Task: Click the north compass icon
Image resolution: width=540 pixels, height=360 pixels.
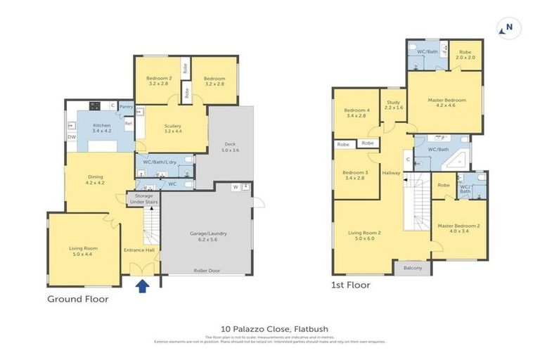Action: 506,29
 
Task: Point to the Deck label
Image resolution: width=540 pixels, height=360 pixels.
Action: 230,147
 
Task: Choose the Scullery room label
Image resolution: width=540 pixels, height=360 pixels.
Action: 173,128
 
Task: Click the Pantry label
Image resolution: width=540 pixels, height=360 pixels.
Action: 127,107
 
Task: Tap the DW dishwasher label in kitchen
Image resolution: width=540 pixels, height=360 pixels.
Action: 72,137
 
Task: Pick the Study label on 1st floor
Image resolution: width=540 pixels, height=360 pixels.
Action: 394,105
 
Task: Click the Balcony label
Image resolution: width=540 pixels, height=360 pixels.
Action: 413,268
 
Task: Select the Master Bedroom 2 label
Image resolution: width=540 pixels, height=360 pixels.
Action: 458,229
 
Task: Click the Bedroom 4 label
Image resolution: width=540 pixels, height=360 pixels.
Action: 356,112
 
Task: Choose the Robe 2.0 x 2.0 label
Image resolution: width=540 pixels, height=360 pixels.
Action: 465,55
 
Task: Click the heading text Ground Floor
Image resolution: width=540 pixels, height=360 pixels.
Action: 77,299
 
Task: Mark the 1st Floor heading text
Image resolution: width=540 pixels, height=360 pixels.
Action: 352,285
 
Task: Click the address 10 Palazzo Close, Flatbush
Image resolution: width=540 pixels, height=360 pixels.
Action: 269,328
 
